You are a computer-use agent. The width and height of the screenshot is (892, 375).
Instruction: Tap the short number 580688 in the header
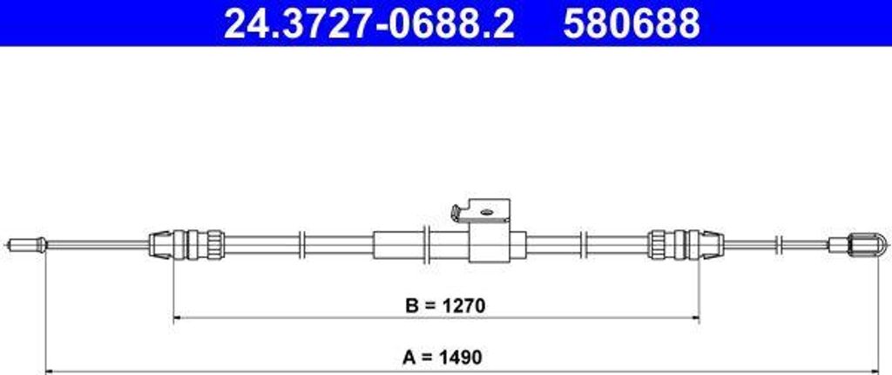[631, 24]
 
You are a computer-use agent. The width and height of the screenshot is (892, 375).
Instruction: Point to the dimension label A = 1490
[443, 357]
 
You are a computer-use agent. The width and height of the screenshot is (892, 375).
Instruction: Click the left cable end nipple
[25, 244]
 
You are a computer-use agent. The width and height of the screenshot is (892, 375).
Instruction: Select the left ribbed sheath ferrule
[186, 243]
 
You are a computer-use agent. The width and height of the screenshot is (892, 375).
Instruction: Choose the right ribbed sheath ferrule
[686, 243]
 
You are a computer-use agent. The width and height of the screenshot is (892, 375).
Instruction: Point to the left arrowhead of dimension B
[178, 319]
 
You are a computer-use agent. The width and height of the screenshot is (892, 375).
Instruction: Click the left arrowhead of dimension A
[49, 370]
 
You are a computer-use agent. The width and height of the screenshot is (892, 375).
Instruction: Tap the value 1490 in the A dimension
[462, 357]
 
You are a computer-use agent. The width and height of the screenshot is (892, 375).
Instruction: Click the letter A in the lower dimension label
[409, 357]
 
